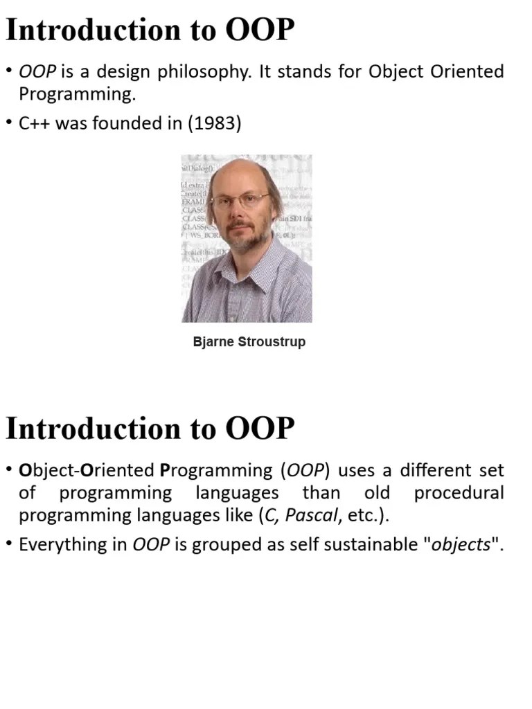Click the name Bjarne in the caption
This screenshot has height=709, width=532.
pyautogui.click(x=214, y=342)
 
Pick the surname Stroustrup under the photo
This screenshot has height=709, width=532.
pyautogui.click(x=272, y=342)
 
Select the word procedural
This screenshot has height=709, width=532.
pyautogui.click(x=459, y=494)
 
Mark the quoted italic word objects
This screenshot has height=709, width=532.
pyautogui.click(x=461, y=545)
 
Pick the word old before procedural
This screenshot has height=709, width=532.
pyautogui.click(x=377, y=494)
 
